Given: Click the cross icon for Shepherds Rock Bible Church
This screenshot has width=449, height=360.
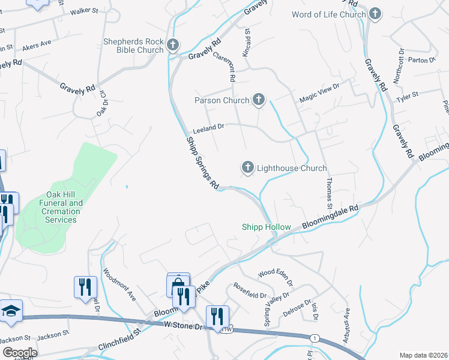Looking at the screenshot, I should (x=173, y=45).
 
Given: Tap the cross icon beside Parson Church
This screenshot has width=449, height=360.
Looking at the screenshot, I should (x=259, y=100).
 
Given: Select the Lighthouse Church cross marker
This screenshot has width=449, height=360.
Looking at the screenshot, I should (x=247, y=167).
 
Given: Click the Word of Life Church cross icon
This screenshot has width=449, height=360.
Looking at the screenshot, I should (x=375, y=13).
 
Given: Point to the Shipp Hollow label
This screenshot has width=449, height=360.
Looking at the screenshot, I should (x=266, y=227).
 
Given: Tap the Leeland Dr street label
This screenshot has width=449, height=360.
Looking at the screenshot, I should (x=208, y=127).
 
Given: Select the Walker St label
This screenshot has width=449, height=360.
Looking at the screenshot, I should (x=83, y=11).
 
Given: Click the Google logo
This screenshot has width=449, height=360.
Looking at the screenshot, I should (x=20, y=353).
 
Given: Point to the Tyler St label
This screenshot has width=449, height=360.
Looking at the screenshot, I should (x=406, y=95).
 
